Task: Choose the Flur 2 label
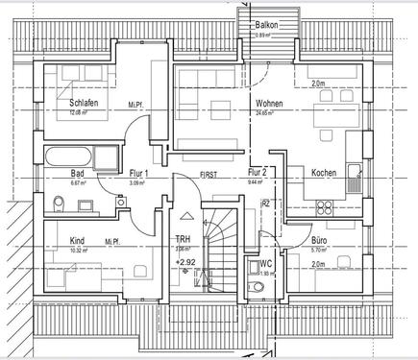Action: point(256,173)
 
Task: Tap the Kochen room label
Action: point(324,174)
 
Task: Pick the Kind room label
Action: point(77,243)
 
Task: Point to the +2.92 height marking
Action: point(186,261)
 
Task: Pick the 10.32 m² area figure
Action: point(76,252)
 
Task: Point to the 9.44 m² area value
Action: point(256,182)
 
